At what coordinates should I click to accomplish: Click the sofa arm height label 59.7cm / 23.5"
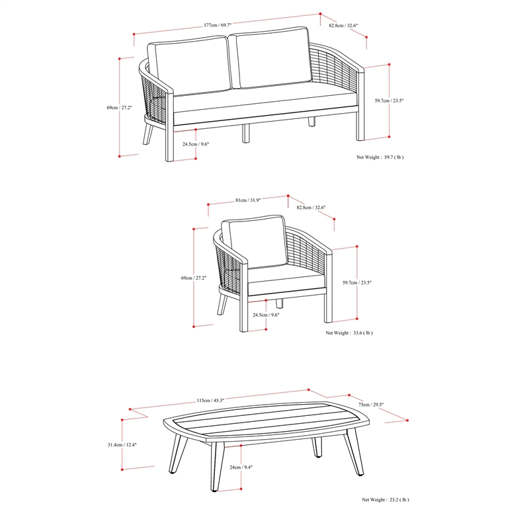pos(389,101)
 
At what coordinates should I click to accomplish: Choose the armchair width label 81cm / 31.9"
pos(248,200)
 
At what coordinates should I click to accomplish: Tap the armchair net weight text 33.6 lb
pos(348,334)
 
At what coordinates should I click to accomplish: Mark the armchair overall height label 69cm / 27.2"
pos(193,278)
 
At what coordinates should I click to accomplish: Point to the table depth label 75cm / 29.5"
pos(371,405)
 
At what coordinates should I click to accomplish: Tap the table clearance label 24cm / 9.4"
pos(241,468)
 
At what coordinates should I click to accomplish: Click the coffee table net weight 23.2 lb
pos(385,501)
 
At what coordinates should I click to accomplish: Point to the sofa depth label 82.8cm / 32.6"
pos(343,26)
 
